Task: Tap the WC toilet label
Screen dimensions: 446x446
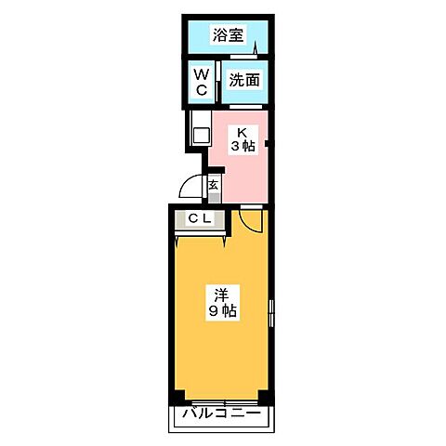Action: [x=200, y=81]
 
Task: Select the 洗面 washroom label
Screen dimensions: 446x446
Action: [x=244, y=80]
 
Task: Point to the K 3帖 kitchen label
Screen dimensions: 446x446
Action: [x=243, y=139]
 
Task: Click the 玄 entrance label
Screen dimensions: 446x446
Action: [x=213, y=184]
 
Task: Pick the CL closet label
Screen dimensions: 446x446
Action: [x=201, y=219]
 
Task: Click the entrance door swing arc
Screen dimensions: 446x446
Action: [x=190, y=188]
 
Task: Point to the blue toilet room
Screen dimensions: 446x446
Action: [x=200, y=82]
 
